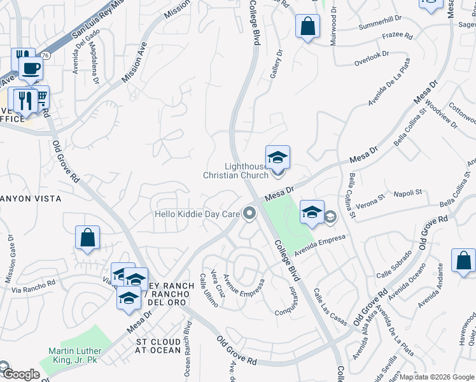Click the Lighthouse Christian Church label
236,171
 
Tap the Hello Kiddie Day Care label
197,215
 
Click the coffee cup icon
30,67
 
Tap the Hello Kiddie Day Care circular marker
249,214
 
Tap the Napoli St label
407,192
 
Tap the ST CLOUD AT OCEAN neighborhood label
159,346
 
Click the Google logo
20,374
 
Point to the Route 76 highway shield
45,55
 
